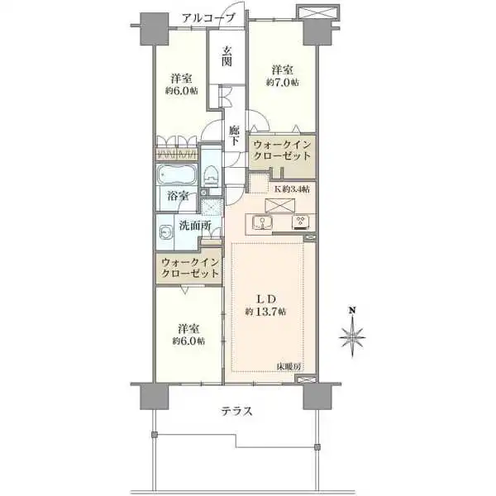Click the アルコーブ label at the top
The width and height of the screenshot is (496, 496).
[x=208, y=17]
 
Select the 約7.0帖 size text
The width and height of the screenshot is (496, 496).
[x=283, y=83]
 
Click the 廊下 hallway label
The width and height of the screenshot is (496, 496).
[x=236, y=136]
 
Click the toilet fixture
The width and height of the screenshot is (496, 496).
[x=212, y=174]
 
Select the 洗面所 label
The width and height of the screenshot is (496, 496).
[x=189, y=224]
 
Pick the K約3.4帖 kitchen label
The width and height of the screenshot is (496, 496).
[x=292, y=189]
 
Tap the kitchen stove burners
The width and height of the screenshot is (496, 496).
[x=299, y=222]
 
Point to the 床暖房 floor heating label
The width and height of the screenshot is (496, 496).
[x=289, y=366]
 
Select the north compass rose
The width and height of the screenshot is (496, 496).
[x=353, y=337]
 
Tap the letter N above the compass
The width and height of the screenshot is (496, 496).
[x=353, y=311]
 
